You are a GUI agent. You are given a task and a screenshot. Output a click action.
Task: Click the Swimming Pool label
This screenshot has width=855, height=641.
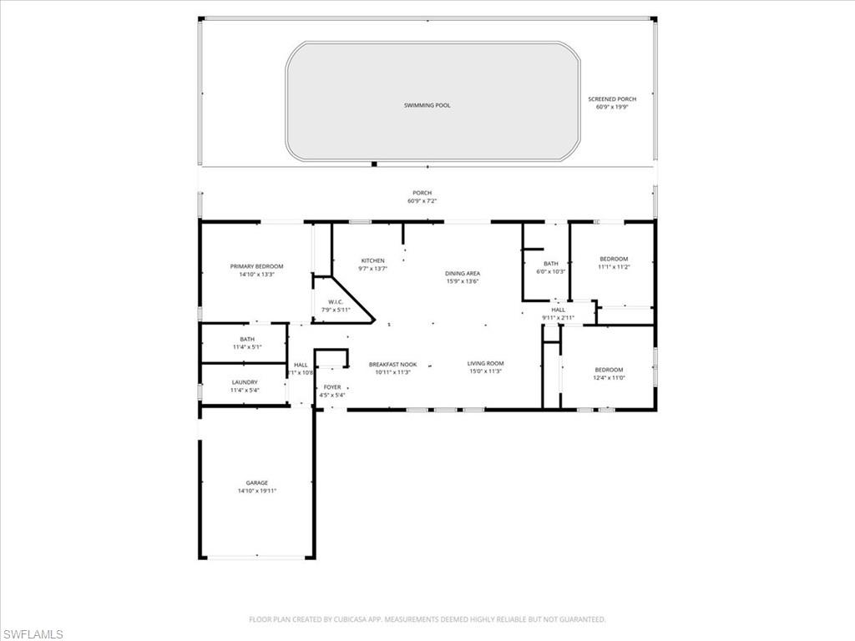click(427, 105)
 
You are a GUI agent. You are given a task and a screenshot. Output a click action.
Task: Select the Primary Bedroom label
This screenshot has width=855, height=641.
click(256, 266)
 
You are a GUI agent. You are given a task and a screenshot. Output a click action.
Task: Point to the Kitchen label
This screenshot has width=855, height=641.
click(372, 260)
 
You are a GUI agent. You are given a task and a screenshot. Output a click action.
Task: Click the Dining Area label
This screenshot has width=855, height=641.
click(462, 273)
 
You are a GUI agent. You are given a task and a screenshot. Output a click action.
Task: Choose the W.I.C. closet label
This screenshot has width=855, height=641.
click(336, 302)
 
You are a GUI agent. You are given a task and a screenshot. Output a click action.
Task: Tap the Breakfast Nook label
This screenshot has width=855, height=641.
click(392, 364)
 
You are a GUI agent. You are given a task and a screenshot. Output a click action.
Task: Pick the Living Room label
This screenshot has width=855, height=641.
click(485, 363)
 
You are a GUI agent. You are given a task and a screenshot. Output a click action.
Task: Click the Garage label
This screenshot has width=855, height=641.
click(256, 482)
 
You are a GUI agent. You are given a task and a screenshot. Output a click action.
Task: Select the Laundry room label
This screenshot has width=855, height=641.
click(244, 382)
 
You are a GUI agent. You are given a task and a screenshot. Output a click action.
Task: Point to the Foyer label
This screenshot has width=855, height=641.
click(332, 387)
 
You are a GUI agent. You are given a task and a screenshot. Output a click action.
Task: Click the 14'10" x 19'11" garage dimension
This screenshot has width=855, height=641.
click(256, 491)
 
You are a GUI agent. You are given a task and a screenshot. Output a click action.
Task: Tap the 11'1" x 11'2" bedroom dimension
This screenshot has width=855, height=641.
click(613, 267)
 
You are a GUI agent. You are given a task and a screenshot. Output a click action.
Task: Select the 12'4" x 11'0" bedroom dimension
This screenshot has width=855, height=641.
click(609, 378)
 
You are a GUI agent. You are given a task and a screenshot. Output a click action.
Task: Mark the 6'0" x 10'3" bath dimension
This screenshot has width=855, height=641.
click(551, 271)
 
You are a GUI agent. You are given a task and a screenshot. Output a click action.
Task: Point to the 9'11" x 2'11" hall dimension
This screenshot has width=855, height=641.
click(558, 318)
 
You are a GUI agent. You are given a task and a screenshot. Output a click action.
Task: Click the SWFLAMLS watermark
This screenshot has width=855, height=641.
click(33, 634)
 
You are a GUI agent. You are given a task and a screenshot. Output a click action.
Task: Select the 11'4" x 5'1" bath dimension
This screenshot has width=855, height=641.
click(247, 346)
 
